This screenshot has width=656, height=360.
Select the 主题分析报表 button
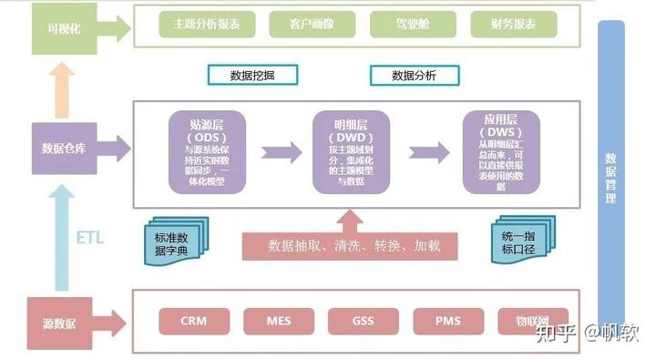pyautogui.click(x=208, y=25)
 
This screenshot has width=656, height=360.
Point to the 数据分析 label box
pyautogui.click(x=413, y=75)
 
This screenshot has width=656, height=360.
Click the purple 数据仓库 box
pyautogui.click(x=65, y=148)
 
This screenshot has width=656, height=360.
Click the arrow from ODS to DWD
pyautogui.click(x=281, y=151)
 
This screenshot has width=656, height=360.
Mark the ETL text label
pyautogui.click(x=89, y=238)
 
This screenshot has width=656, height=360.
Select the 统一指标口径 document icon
pyautogui.click(x=520, y=242)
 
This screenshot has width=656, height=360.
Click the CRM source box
pyautogui.click(x=193, y=321)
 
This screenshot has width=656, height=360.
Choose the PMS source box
pyautogui.click(x=447, y=321)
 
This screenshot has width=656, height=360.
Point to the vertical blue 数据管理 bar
pyautogui.click(x=610, y=178)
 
